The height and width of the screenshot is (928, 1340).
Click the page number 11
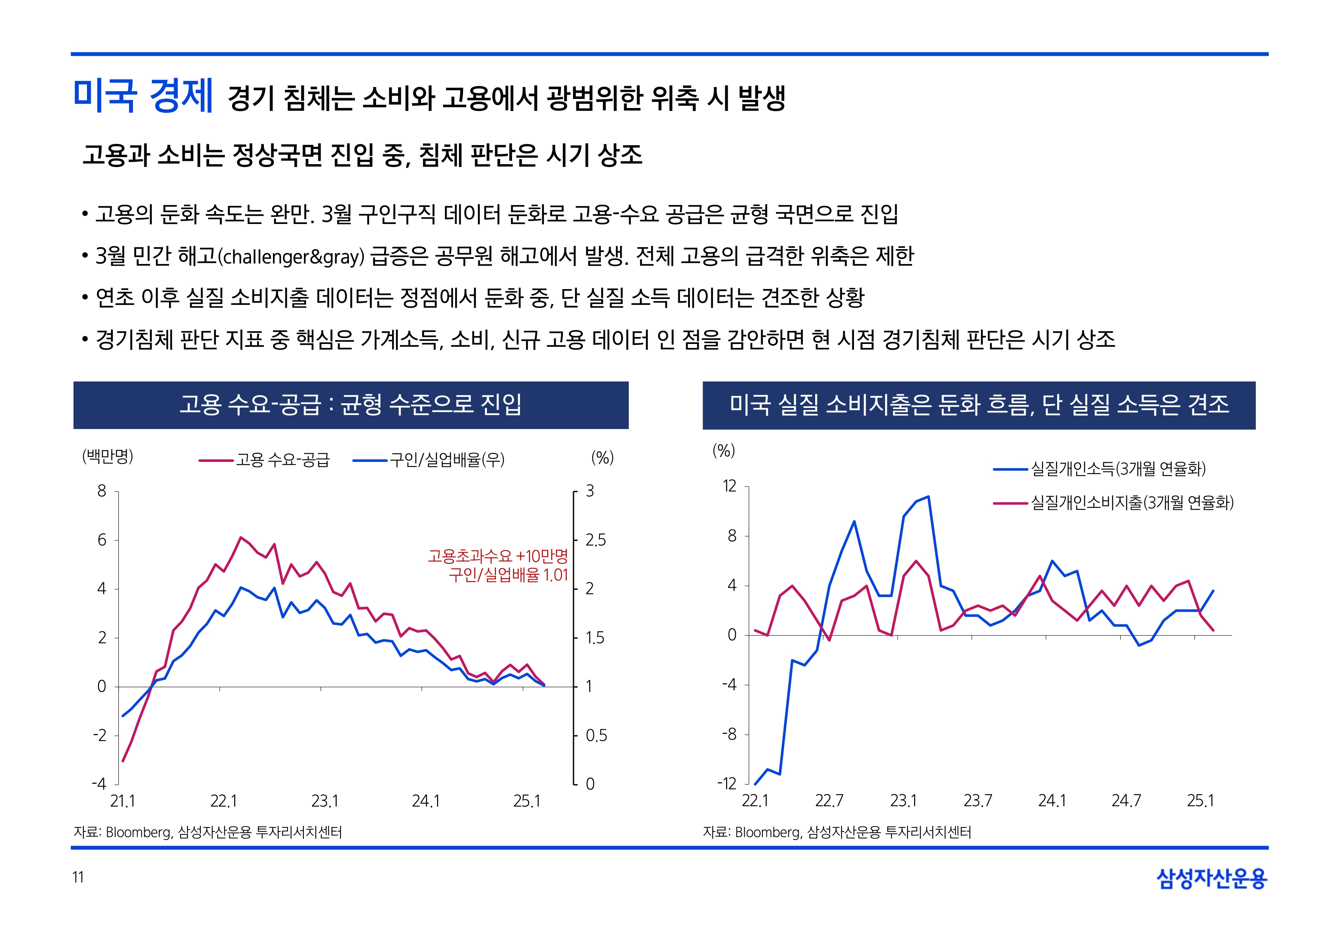click(x=78, y=877)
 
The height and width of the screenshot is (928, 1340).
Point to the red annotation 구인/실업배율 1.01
click(x=508, y=575)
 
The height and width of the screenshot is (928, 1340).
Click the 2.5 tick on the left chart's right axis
click(x=595, y=540)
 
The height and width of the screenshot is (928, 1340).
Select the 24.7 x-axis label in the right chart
click(x=1126, y=801)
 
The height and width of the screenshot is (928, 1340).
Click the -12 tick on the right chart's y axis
click(x=726, y=784)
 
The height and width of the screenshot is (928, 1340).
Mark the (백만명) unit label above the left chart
click(x=108, y=457)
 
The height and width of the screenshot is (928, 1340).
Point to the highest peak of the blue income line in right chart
click(x=928, y=497)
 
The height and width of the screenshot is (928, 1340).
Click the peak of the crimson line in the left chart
click(x=240, y=537)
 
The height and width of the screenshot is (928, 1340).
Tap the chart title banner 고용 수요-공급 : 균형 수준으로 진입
click(x=350, y=405)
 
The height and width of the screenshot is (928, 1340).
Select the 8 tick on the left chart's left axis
click(x=102, y=491)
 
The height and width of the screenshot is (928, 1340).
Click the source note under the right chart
click(x=837, y=832)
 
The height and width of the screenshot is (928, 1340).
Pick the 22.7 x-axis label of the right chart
click(x=829, y=801)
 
